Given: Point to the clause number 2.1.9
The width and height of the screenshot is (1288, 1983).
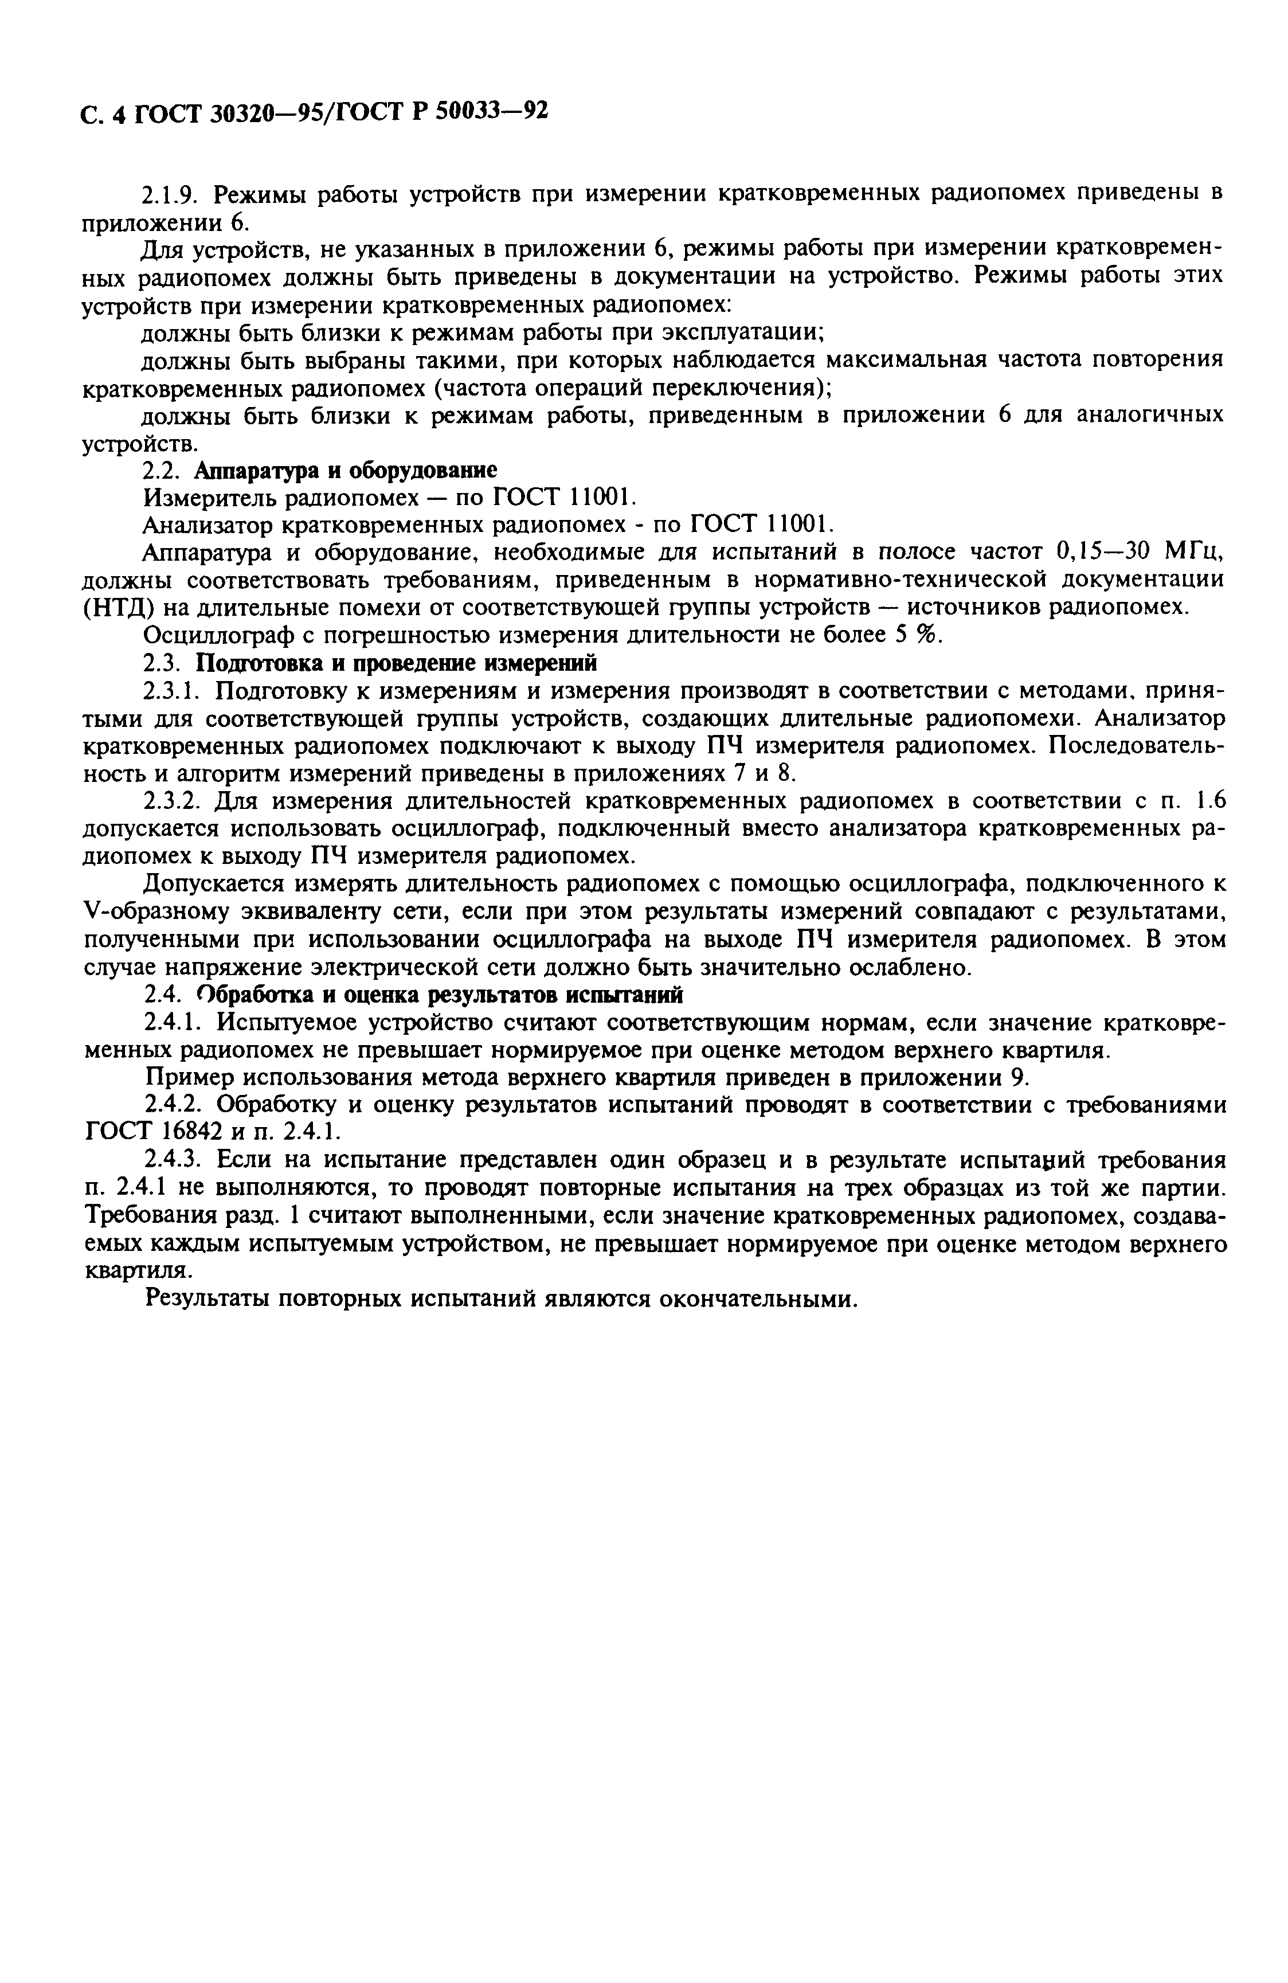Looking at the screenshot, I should pos(169,195).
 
